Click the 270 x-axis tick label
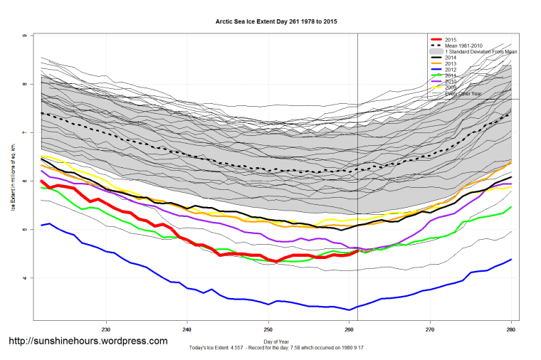pos(430,329)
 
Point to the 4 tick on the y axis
pos(26,278)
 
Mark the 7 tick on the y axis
pos(26,133)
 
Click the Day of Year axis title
pos(273,339)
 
